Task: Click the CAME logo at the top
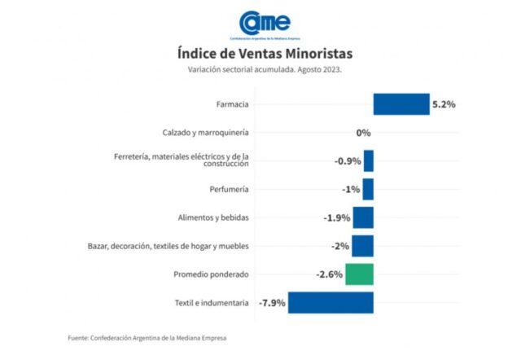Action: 265,24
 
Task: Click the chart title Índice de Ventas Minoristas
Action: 265,54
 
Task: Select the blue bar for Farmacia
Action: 401,104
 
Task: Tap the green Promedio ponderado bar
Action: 359,274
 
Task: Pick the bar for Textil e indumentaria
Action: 331,303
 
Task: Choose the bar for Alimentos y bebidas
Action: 363,217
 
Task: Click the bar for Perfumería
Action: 368,189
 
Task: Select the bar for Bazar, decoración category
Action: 362,246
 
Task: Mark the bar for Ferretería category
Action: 369,160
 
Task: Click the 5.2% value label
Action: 444,104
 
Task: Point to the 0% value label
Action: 363,133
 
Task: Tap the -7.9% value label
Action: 272,303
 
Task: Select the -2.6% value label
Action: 329,274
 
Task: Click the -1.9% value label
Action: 336,217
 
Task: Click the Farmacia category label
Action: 233,104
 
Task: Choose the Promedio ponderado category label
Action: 211,274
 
